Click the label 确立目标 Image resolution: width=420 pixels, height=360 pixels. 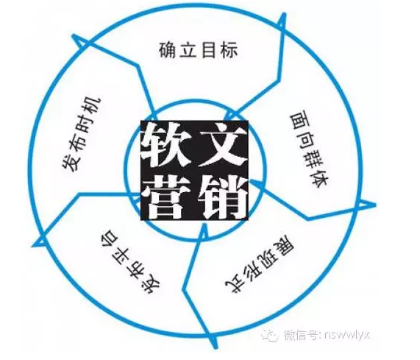[x=198, y=50]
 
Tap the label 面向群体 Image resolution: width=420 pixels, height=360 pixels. [x=309, y=150]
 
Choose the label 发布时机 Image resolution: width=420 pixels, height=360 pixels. [x=82, y=135]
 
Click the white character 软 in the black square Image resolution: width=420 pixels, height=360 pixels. [x=168, y=145]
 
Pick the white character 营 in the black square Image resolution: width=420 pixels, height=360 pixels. [x=168, y=197]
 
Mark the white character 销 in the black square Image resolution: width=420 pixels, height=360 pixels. [x=222, y=197]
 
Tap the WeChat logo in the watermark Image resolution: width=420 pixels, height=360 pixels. [x=269, y=335]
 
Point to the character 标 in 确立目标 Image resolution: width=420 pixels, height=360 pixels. [x=229, y=50]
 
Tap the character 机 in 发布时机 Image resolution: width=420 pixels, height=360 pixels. [x=93, y=106]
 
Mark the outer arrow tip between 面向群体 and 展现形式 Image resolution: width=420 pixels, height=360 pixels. [x=374, y=205]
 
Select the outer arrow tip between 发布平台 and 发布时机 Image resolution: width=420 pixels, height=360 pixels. [x=33, y=245]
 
